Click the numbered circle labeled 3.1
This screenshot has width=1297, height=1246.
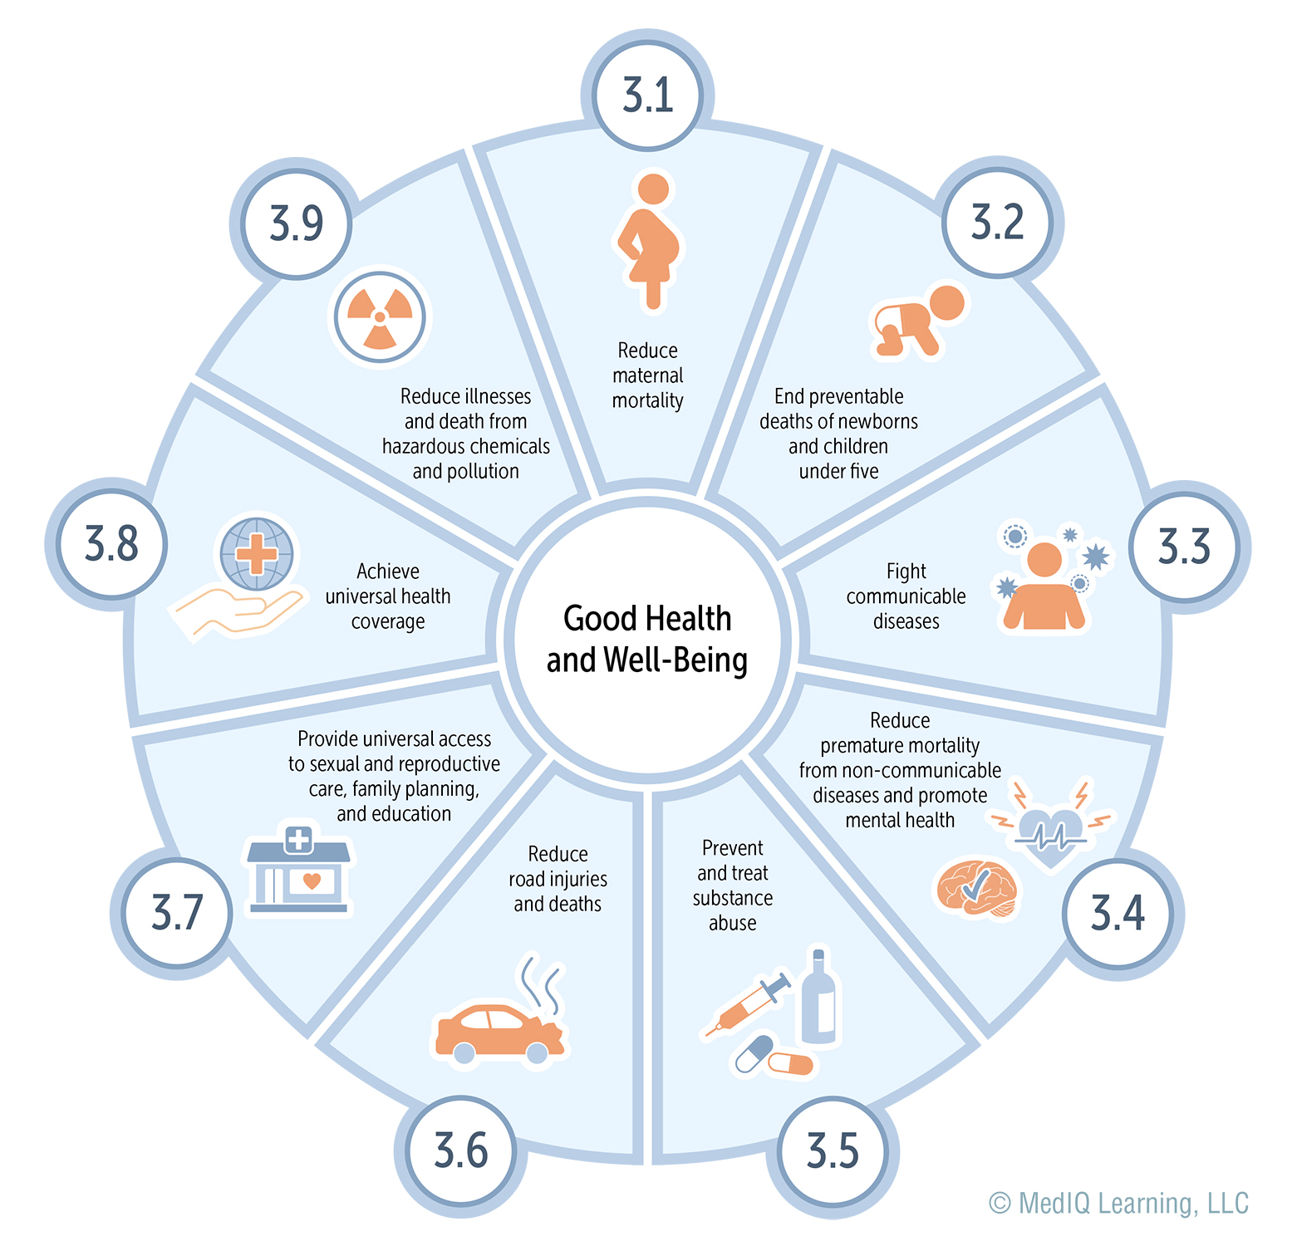click(647, 95)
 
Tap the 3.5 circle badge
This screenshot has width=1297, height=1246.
click(833, 1151)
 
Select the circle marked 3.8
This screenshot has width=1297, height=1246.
click(112, 544)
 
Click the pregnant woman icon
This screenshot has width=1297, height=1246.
click(649, 241)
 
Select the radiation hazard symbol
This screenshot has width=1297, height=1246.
click(380, 317)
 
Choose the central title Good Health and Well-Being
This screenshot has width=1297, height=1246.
click(647, 639)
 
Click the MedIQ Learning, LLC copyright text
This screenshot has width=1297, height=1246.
click(1118, 1204)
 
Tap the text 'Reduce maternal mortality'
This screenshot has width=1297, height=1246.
click(648, 375)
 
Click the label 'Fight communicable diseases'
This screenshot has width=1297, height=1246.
click(906, 596)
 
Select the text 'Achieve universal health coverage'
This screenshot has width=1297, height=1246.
click(388, 596)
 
